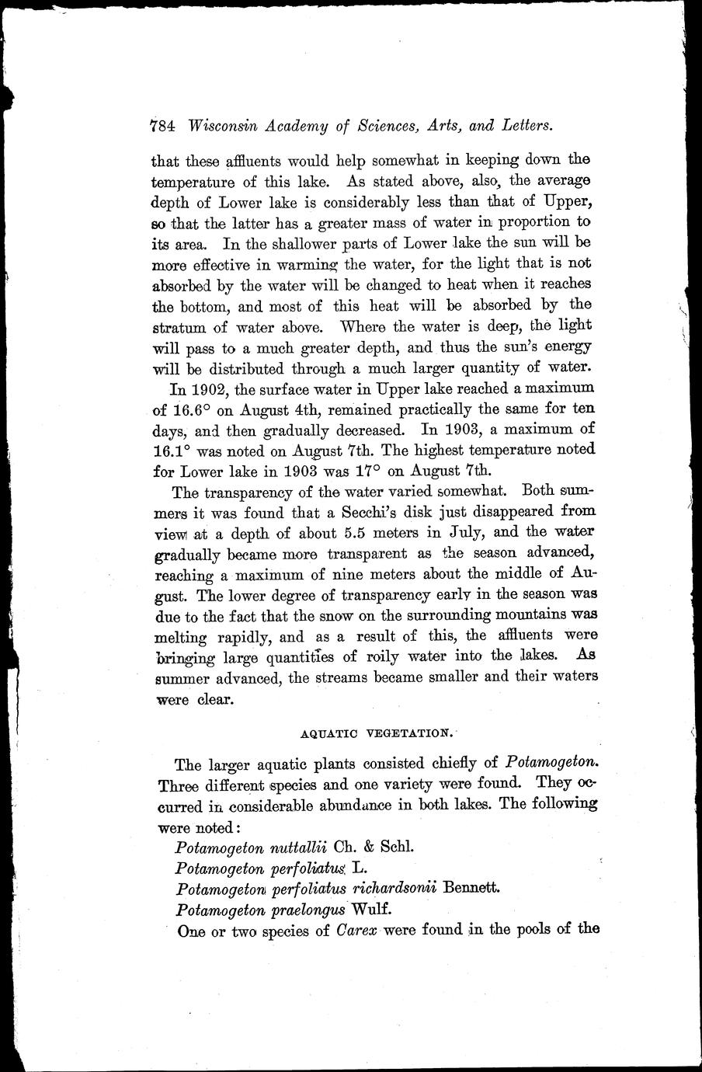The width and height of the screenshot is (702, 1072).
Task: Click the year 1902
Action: (220, 388)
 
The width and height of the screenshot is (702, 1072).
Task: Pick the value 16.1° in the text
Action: (174, 449)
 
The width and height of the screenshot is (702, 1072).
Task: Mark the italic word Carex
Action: (358, 930)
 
